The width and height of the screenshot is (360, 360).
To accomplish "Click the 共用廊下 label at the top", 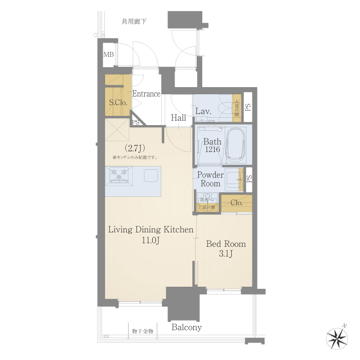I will [x=134, y=22].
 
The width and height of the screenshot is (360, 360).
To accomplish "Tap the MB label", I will [x=108, y=54].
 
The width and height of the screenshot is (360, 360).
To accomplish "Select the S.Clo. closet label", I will [x=118, y=102].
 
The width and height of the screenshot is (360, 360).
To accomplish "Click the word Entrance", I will [x=146, y=94].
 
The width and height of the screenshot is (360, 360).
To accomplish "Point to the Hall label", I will [x=178, y=118].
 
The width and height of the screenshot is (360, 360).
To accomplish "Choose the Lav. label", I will [x=203, y=111].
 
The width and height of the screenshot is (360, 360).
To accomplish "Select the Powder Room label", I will [x=210, y=180].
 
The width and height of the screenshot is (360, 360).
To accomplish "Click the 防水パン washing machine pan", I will [x=207, y=199].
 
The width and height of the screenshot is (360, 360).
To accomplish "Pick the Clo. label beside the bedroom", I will [x=237, y=203].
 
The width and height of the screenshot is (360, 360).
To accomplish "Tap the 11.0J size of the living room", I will [x=151, y=240].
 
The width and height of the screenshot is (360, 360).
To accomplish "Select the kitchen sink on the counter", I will [x=151, y=175].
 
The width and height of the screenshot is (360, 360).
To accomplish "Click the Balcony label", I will [x=187, y=328].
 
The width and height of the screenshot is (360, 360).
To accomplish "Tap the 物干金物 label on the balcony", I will [x=142, y=331].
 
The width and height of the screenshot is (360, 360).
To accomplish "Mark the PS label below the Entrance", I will [x=136, y=122].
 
